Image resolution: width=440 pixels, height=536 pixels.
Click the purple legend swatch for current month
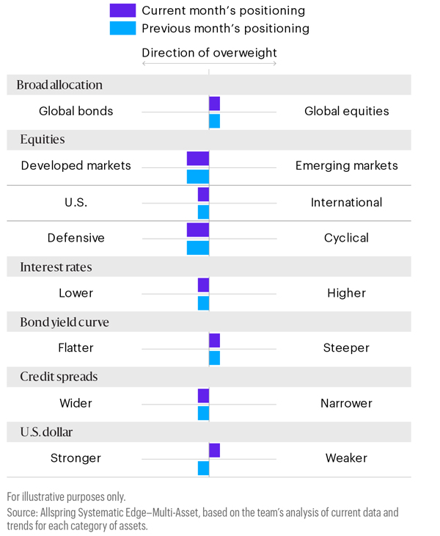[x=122, y=10]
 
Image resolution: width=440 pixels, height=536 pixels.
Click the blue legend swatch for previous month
[x=122, y=28]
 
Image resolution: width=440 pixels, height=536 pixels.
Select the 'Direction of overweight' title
[x=209, y=53]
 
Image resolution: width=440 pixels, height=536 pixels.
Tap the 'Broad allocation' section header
[x=59, y=84]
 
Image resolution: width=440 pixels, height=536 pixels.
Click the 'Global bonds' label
[x=76, y=112]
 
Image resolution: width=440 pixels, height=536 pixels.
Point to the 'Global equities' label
[x=346, y=112]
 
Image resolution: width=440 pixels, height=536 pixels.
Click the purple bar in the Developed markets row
[x=198, y=158]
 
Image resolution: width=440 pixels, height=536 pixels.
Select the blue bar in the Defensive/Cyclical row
[x=198, y=247]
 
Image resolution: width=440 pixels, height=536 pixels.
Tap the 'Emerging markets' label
[x=346, y=166]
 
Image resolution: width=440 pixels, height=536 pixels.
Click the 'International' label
[x=346, y=203]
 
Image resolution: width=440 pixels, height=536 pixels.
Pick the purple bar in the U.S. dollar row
[x=214, y=450]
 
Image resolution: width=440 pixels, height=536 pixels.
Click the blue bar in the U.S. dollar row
[x=203, y=468]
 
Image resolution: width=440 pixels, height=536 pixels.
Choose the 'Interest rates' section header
[x=56, y=267]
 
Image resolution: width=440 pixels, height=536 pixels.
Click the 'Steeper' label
[x=346, y=348]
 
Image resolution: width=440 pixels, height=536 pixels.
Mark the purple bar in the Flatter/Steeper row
[x=214, y=340]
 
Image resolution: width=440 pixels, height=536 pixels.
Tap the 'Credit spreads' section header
[x=59, y=377]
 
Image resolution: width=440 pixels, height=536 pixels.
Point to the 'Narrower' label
[x=346, y=403]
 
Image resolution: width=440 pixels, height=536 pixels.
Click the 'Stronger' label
[x=76, y=458]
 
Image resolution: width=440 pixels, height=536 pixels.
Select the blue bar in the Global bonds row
[x=214, y=121]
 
